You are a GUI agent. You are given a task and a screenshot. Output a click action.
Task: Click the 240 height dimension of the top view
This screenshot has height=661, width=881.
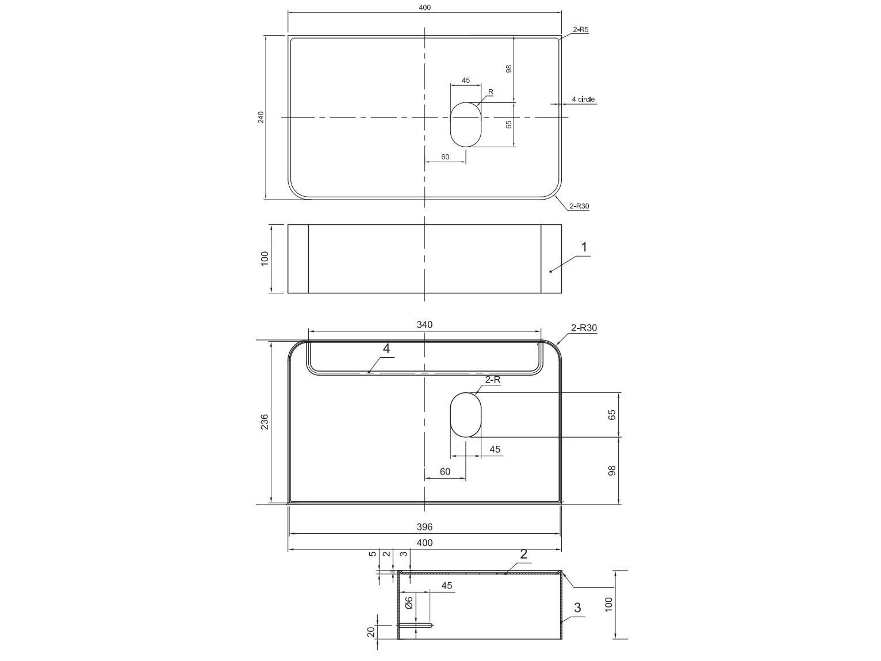pyautogui.click(x=261, y=117)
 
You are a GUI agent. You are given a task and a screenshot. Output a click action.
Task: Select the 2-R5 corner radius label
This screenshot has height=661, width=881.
pyautogui.click(x=580, y=29)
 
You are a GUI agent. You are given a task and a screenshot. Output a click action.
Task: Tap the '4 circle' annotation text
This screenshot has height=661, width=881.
pyautogui.click(x=583, y=100)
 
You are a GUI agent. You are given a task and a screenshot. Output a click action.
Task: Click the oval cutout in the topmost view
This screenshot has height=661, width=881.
pyautogui.click(x=465, y=124)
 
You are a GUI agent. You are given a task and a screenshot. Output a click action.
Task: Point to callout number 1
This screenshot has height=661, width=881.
pyautogui.click(x=584, y=247)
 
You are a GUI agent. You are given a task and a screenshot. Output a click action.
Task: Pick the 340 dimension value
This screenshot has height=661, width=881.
pyautogui.click(x=424, y=324)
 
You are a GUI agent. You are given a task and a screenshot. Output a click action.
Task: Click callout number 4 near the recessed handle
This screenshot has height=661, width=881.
pyautogui.click(x=386, y=349)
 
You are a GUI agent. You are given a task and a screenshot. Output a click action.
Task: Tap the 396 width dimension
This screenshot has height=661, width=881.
pyautogui.click(x=424, y=526)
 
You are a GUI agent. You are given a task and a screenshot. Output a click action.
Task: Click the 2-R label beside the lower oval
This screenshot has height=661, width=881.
pyautogui.click(x=493, y=380)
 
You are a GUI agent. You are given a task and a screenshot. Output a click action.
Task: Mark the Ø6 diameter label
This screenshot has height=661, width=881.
pyautogui.click(x=409, y=602)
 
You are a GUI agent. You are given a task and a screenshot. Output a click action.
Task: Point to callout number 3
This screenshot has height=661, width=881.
pyautogui.click(x=577, y=607)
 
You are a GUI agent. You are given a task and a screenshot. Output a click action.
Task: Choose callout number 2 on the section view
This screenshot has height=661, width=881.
pyautogui.click(x=523, y=555)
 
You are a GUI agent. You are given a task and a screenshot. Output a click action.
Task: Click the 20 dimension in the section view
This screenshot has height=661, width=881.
pyautogui.click(x=371, y=632)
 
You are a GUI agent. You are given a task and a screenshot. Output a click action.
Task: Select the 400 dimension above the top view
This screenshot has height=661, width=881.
pyautogui.click(x=424, y=7)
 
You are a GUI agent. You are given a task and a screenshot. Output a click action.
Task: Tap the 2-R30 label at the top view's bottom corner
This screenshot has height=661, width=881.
pyautogui.click(x=579, y=206)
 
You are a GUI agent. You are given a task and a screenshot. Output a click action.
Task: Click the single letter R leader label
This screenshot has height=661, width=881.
pyautogui.click(x=491, y=92)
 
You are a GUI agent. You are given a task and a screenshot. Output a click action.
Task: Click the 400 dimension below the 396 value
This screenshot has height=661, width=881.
pyautogui.click(x=424, y=542)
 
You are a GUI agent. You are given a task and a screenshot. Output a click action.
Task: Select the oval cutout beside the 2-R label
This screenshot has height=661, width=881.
pyautogui.click(x=465, y=414)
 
